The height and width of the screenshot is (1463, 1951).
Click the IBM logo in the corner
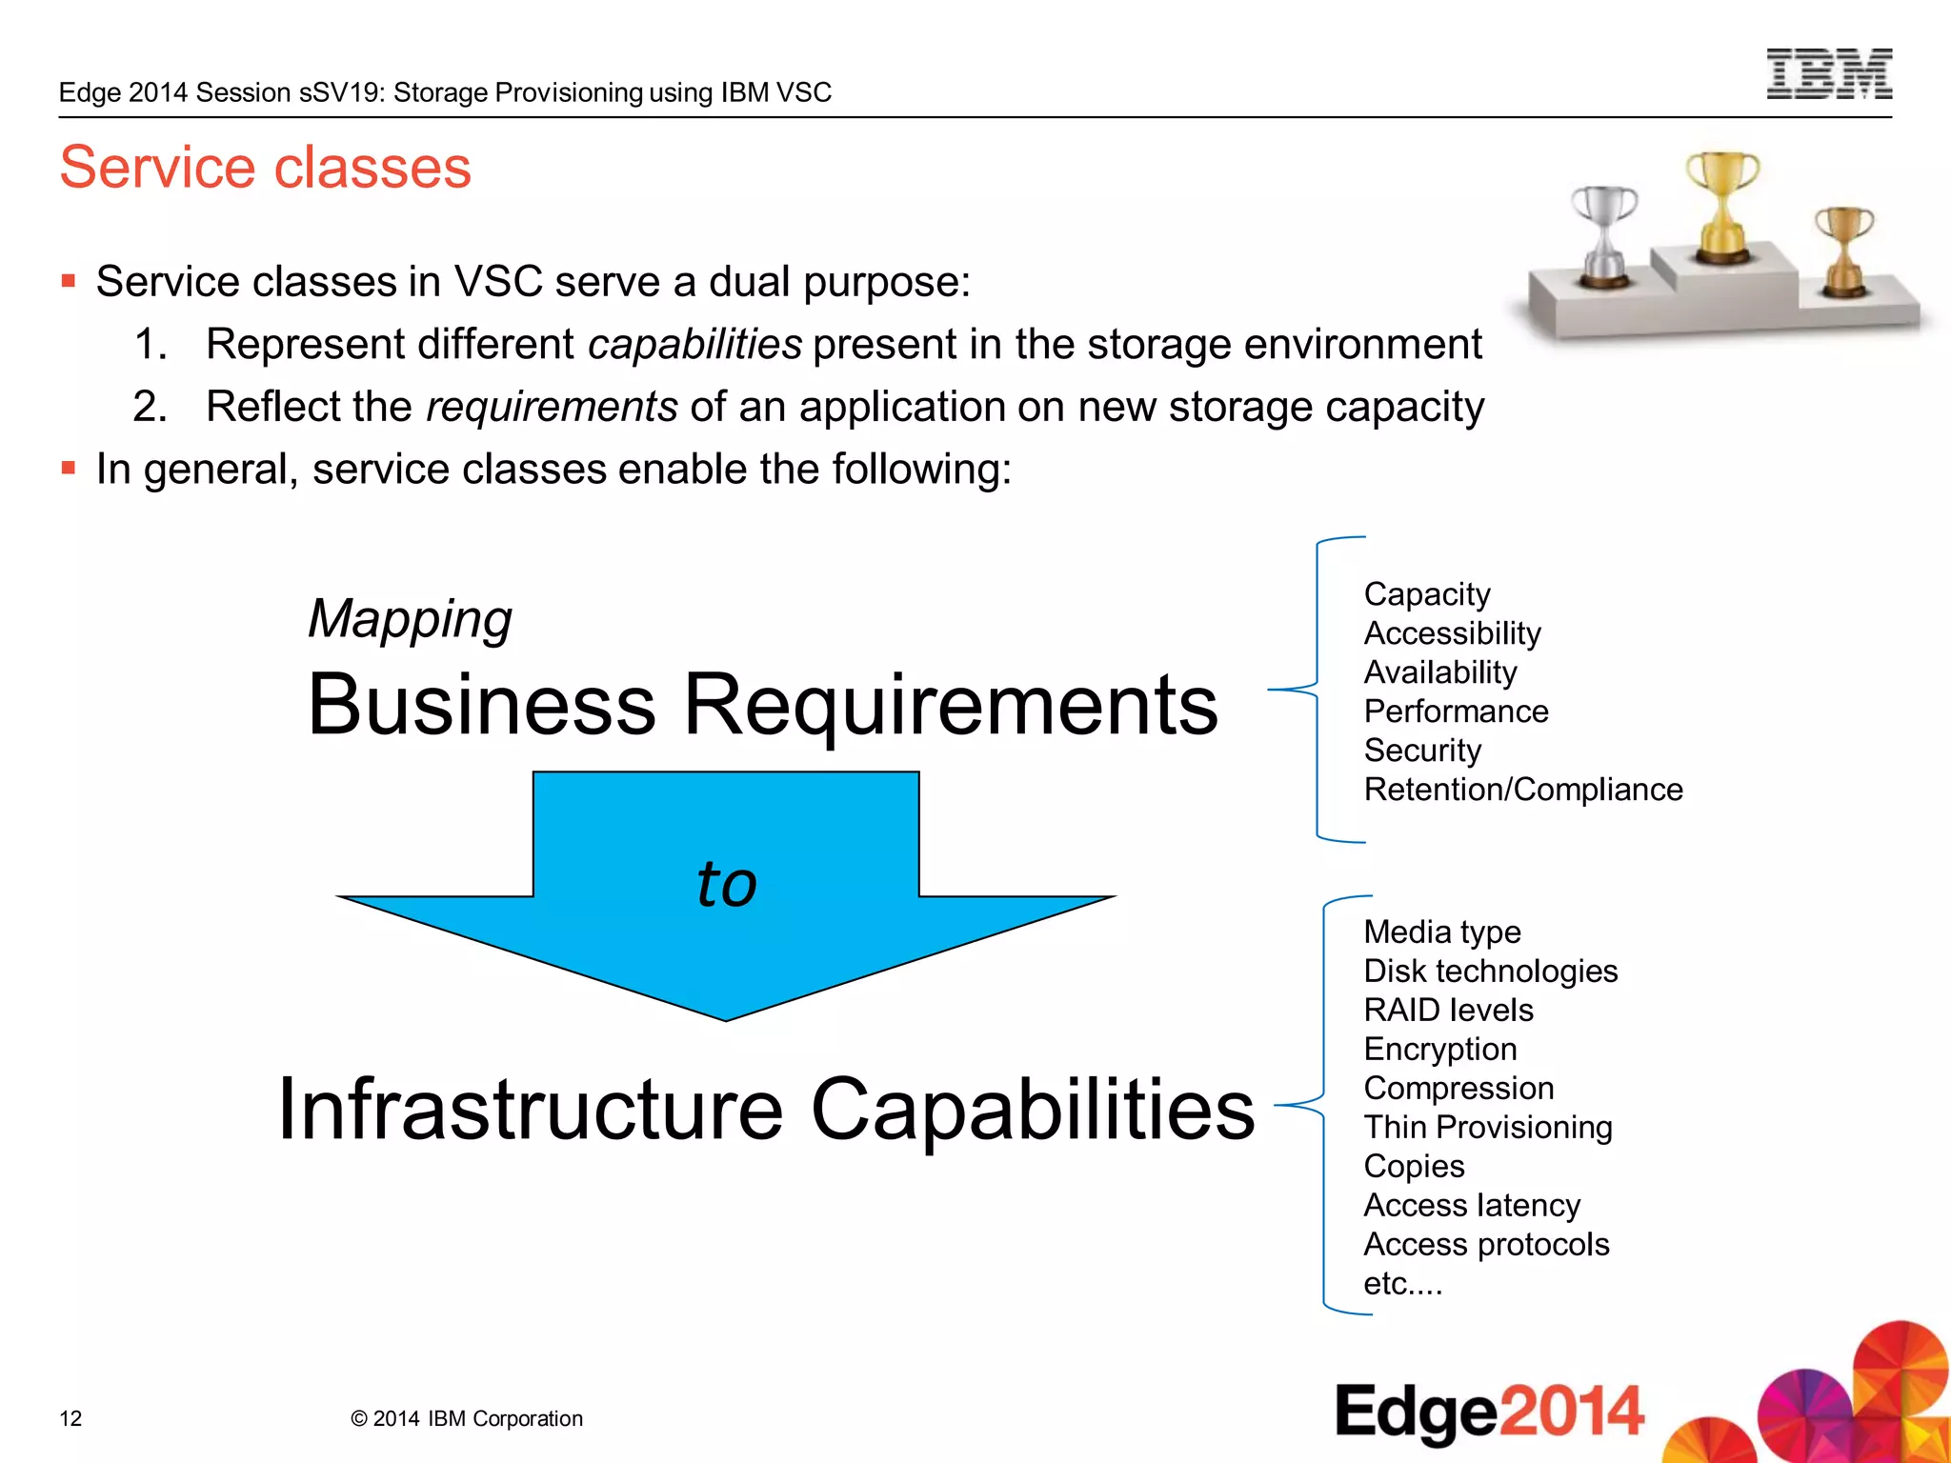tap(1828, 74)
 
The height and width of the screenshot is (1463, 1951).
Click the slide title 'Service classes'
tap(265, 168)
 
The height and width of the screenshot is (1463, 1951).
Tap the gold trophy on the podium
tap(1722, 205)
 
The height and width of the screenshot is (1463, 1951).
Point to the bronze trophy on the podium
tap(1844, 251)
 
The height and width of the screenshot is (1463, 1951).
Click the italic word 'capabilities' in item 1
tap(694, 344)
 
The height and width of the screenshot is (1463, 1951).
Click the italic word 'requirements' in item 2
tap(551, 407)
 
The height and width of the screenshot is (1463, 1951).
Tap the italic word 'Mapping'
tap(410, 619)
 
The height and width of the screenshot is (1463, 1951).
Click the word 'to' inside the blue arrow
tap(726, 884)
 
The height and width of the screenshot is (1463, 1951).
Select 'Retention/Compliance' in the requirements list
tap(1522, 790)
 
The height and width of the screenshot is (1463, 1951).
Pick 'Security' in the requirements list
tap(1422, 751)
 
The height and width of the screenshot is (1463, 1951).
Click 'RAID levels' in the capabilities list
tap(1448, 1010)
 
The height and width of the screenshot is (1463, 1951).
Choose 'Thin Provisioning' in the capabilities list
tap(1487, 1127)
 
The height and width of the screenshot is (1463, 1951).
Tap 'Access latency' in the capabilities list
tap(1471, 1205)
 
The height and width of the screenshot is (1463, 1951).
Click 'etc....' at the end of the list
tap(1402, 1284)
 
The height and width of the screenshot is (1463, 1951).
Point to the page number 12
tap(70, 1418)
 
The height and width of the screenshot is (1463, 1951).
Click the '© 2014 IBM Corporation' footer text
tap(466, 1418)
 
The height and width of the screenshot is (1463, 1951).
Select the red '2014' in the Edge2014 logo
tap(1571, 1411)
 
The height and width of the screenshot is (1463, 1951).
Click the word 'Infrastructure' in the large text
tap(530, 1110)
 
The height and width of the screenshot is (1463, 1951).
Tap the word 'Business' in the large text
tap(481, 705)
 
